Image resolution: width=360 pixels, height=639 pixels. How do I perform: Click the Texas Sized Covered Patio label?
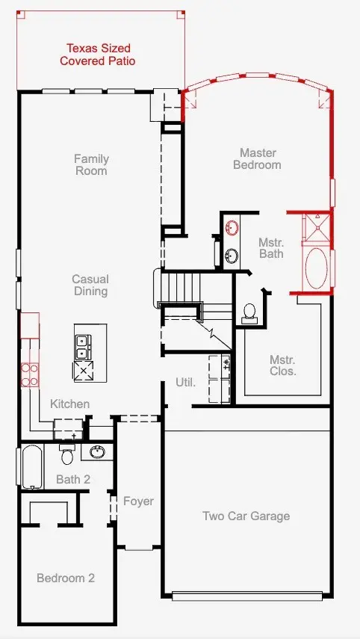click(x=97, y=55)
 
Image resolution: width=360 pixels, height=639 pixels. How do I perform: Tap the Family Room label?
click(x=91, y=164)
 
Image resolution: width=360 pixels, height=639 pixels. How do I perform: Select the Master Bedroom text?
click(x=258, y=158)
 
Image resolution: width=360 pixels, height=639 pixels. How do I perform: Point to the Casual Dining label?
click(x=90, y=285)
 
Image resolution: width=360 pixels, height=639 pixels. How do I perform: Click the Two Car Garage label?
click(x=246, y=516)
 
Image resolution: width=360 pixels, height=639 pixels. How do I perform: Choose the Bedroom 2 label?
click(x=66, y=578)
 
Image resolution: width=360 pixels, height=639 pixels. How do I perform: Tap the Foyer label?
click(x=138, y=501)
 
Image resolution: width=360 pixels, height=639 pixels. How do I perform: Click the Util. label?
click(x=186, y=382)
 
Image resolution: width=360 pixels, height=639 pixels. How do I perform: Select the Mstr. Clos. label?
click(x=282, y=365)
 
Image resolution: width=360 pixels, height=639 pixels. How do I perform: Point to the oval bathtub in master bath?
click(x=317, y=268)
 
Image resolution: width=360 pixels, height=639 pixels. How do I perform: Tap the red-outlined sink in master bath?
click(x=232, y=228)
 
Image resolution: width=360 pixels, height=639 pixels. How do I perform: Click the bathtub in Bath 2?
click(x=32, y=466)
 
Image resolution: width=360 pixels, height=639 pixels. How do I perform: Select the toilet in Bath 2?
click(x=67, y=454)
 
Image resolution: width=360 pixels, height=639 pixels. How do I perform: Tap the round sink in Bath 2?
click(x=97, y=451)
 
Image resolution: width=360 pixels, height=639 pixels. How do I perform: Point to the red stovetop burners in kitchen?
click(x=30, y=375)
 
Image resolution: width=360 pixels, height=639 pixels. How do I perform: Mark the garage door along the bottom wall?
click(x=247, y=596)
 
